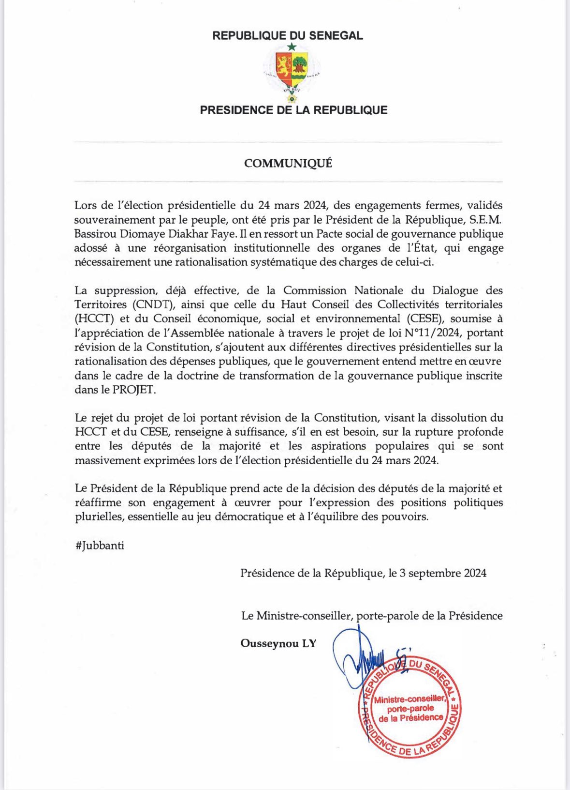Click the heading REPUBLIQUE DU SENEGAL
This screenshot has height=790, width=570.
[287, 35]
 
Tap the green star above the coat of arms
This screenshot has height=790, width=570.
[291, 47]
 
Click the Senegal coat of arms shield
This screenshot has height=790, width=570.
[292, 67]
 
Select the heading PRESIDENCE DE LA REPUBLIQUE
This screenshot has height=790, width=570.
[293, 110]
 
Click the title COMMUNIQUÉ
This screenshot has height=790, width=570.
[288, 163]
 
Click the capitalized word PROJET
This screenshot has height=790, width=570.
[134, 390]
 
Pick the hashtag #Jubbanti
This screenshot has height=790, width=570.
[100, 546]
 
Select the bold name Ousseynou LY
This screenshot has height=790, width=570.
[278, 643]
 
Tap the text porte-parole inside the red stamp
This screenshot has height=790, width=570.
[410, 708]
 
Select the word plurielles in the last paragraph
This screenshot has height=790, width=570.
[99, 517]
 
